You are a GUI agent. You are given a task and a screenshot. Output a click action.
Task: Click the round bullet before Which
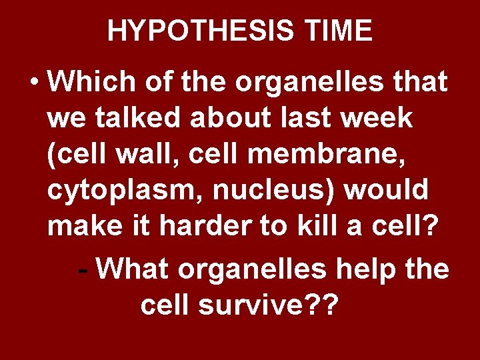(35, 84)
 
